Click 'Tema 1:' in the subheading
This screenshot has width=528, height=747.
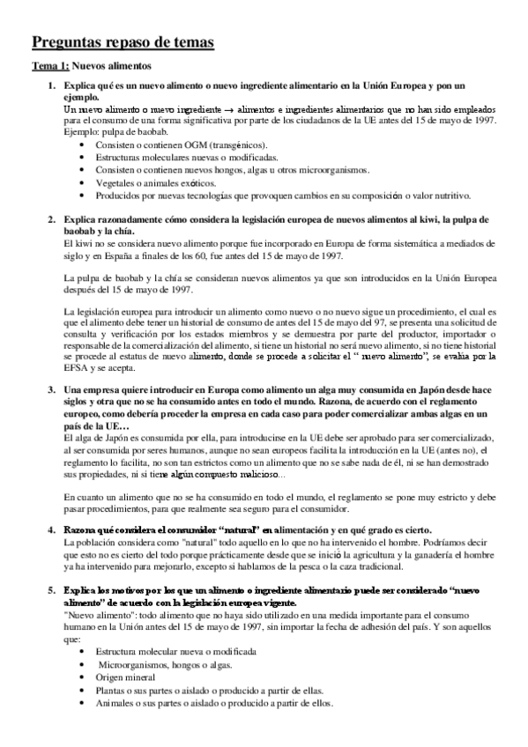pyautogui.click(x=49, y=66)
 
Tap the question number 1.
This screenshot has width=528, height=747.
pyautogui.click(x=50, y=86)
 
